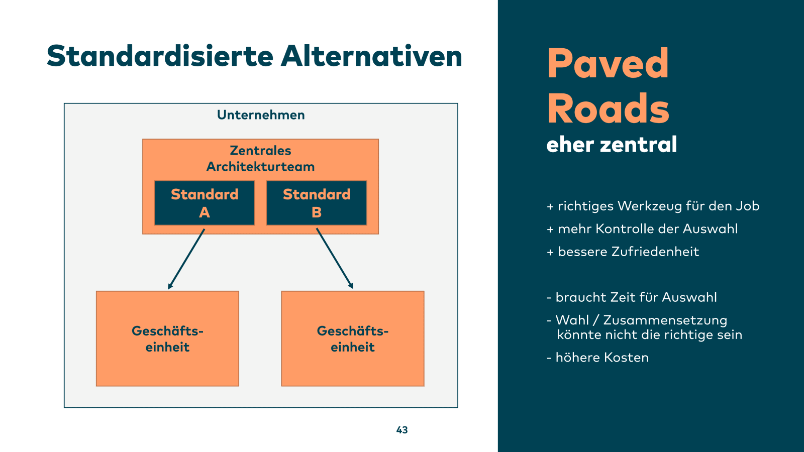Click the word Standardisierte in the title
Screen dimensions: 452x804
(x=160, y=56)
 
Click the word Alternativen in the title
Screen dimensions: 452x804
(x=371, y=56)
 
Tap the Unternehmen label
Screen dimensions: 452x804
(x=261, y=115)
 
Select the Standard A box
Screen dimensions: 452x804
(x=205, y=203)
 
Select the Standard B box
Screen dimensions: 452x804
(x=317, y=203)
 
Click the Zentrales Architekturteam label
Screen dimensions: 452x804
(x=260, y=159)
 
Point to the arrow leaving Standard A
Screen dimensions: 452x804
(x=186, y=259)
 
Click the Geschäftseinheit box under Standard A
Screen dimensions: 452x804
(x=167, y=338)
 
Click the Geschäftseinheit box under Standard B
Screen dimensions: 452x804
(x=353, y=338)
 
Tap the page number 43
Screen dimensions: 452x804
(x=402, y=430)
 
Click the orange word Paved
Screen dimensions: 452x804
(x=608, y=64)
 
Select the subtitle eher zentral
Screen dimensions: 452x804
(x=612, y=145)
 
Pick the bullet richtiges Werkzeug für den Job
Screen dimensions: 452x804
(x=653, y=206)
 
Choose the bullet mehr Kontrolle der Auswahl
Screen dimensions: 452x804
(x=643, y=229)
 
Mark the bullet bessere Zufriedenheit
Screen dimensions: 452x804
(x=623, y=252)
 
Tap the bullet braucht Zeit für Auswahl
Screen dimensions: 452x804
(x=632, y=297)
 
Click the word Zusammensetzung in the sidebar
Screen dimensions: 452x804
(x=665, y=320)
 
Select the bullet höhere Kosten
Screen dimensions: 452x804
(x=598, y=358)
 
